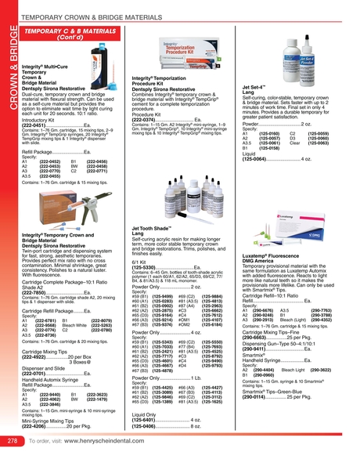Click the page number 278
[x=12, y=441]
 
